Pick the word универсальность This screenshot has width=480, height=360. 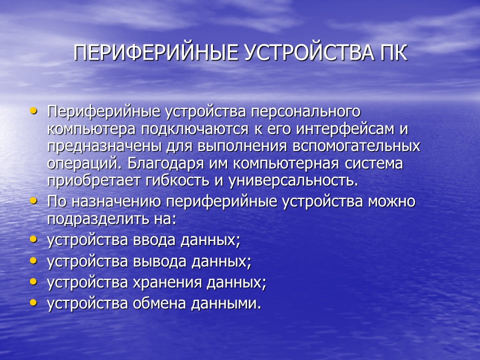[x=292, y=180]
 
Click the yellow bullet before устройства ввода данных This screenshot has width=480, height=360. [x=33, y=239]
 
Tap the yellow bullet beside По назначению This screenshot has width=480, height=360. [x=33, y=200]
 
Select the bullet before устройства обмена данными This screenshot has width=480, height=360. [x=33, y=302]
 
